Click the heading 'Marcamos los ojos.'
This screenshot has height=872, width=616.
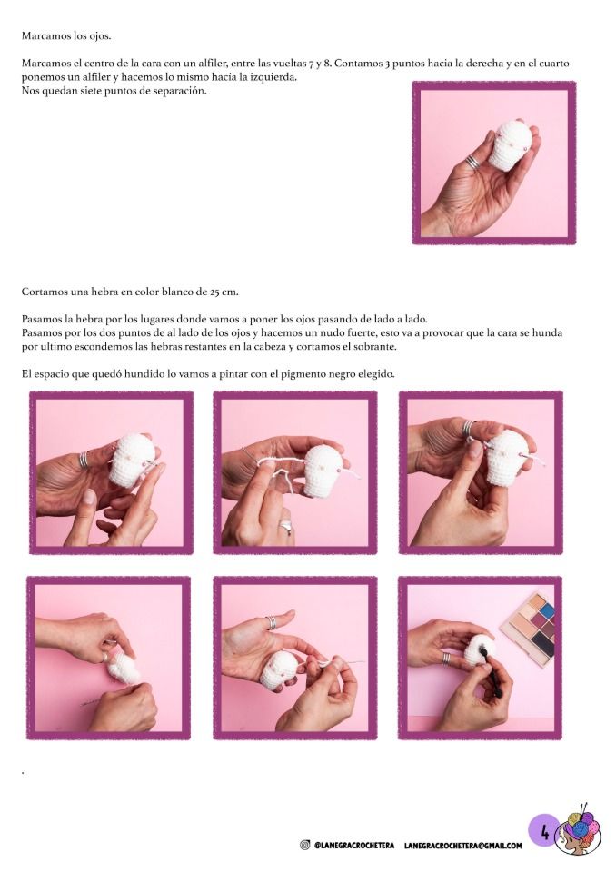coord(66,35)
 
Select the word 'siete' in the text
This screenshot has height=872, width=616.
coord(86,91)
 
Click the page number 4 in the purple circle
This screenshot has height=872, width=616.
coord(545,833)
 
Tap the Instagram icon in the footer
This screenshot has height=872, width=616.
coord(304,846)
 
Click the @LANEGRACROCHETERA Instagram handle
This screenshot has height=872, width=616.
coord(354,846)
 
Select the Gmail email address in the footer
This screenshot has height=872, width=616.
coord(463,846)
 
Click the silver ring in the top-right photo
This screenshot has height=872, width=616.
coord(472,162)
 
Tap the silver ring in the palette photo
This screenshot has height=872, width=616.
coord(447,659)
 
